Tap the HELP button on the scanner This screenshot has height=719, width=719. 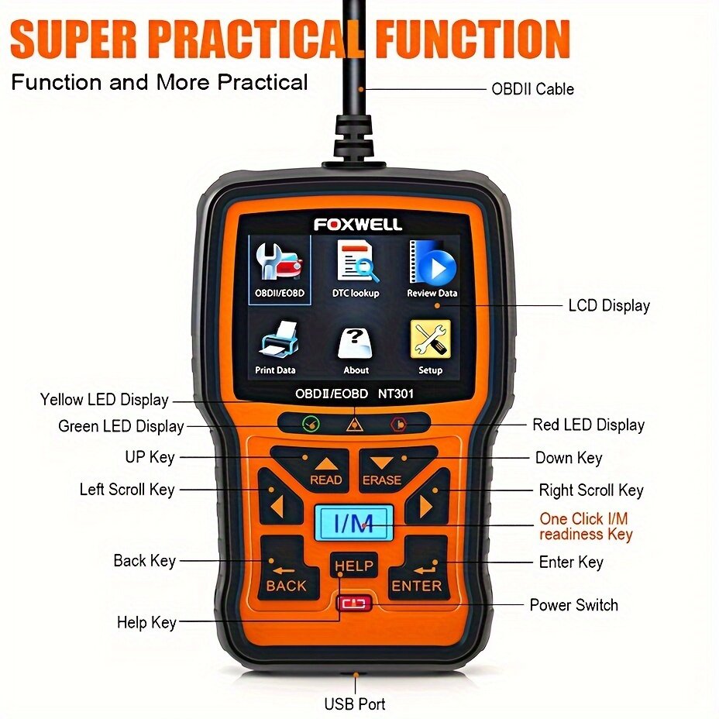pos(353,567)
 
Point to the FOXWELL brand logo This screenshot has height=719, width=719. pos(357,224)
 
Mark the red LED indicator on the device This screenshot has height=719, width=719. pos(398,424)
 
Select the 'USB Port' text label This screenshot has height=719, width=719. pos(355,704)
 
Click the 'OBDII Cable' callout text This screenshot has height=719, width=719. pos(532,89)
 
